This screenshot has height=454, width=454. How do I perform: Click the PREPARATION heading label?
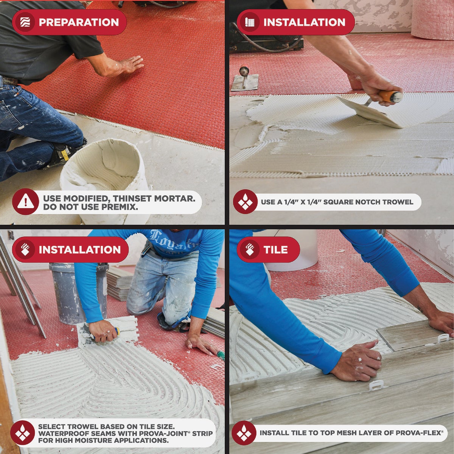(79, 22)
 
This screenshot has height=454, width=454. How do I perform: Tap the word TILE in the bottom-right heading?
(276, 250)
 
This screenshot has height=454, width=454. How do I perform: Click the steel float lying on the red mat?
(244, 81)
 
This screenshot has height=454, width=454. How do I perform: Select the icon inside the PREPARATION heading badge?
(25, 22)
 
